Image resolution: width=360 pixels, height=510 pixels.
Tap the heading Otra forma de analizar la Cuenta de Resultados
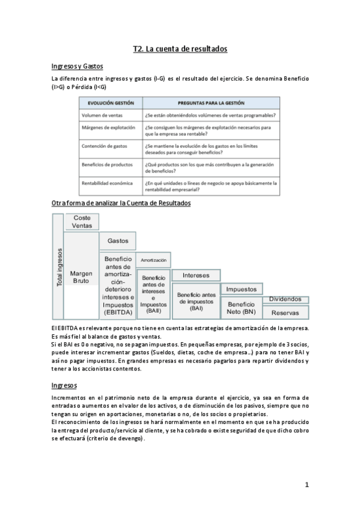click(121, 203)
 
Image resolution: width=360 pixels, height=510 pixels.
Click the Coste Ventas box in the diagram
click(82, 222)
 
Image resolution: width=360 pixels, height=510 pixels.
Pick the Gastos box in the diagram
click(118, 241)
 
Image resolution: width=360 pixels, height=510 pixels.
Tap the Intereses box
click(196, 275)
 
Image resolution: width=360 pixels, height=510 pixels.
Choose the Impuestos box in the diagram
click(242, 289)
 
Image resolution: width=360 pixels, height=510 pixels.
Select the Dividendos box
click(285, 299)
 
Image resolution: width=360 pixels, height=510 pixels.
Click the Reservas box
click(285, 313)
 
